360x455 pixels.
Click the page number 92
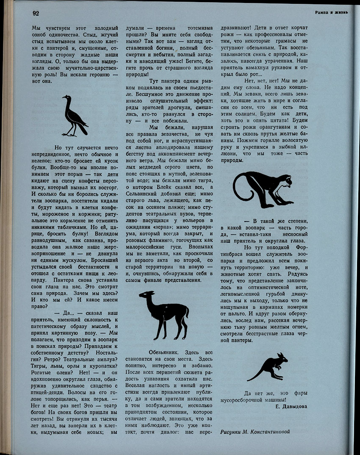pyautogui.click(x=36, y=13)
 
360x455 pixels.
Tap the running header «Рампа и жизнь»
pyautogui.click(x=331, y=12)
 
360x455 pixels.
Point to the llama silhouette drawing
pyautogui.click(x=163, y=314)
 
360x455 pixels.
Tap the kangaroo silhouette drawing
pyautogui.click(x=269, y=366)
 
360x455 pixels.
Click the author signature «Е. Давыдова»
pyautogui.click(x=291, y=406)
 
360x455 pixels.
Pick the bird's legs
pyautogui.click(x=70, y=131)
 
